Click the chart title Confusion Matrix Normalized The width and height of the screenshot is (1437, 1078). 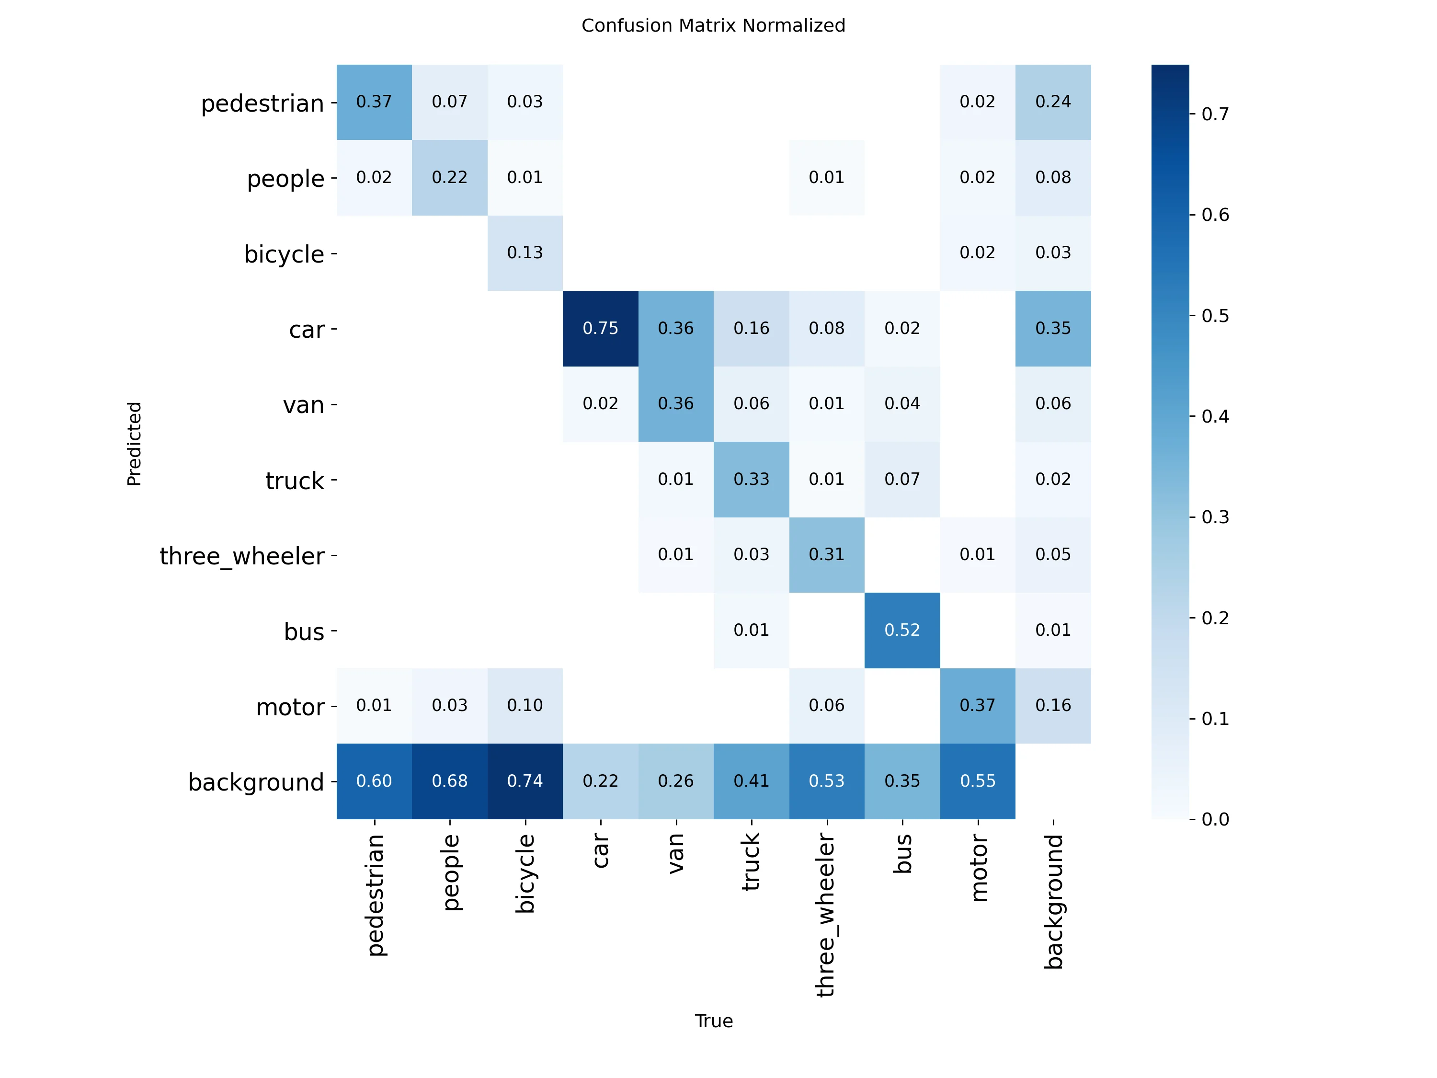(713, 26)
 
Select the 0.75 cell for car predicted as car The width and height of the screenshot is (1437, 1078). (600, 328)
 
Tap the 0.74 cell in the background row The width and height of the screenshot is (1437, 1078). (525, 780)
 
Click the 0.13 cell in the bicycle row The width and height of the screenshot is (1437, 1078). (525, 253)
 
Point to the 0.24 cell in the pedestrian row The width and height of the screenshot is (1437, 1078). (1052, 102)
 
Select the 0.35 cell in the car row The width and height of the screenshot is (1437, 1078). (1052, 328)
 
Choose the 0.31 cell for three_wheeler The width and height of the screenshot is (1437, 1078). (826, 554)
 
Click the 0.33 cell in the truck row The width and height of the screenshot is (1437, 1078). (751, 479)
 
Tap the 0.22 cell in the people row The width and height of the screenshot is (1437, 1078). (450, 177)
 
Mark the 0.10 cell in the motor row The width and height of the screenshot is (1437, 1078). (525, 705)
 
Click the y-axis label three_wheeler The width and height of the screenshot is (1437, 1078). (242, 556)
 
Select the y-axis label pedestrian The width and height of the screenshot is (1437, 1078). (262, 104)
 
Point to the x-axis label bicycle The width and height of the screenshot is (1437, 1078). (525, 874)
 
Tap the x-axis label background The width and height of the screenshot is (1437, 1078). (1053, 902)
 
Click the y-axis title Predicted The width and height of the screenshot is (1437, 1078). (134, 443)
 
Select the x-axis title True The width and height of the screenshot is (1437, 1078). (713, 1021)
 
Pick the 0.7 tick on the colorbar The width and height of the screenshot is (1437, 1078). (1214, 115)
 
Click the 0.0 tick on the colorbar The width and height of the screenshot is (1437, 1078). (1214, 819)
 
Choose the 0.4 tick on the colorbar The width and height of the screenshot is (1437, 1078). (1214, 416)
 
